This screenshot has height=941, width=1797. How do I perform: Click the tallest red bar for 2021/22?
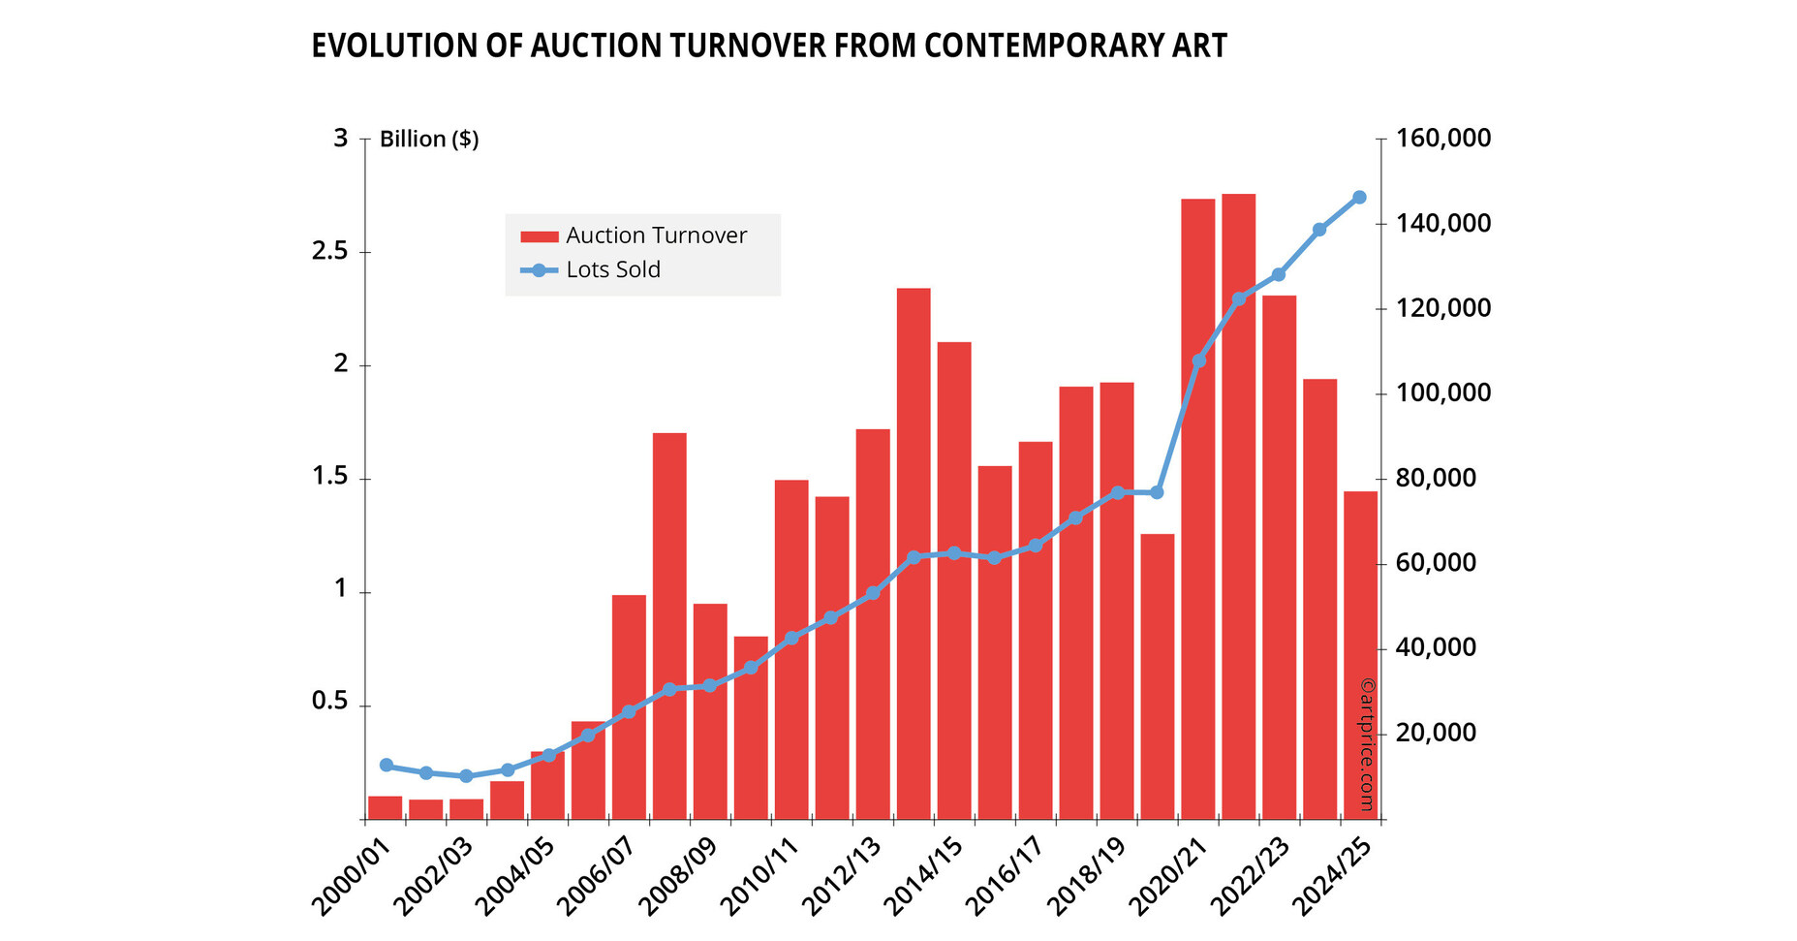pos(1238,504)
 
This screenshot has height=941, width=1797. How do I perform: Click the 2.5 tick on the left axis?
pos(328,252)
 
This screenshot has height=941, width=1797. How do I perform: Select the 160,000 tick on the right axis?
pos(1442,139)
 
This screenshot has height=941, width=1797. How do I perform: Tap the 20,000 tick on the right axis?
pos(1436,733)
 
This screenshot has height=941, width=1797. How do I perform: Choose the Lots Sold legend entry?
pos(613,269)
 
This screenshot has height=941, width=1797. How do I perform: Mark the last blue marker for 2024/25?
pos(1359,197)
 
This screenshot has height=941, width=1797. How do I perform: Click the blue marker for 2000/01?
pos(386,765)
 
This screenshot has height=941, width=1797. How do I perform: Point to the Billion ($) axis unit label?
pos(429,140)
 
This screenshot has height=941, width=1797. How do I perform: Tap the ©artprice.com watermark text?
pos(1367,744)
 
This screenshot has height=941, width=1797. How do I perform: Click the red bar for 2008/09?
pos(710,712)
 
